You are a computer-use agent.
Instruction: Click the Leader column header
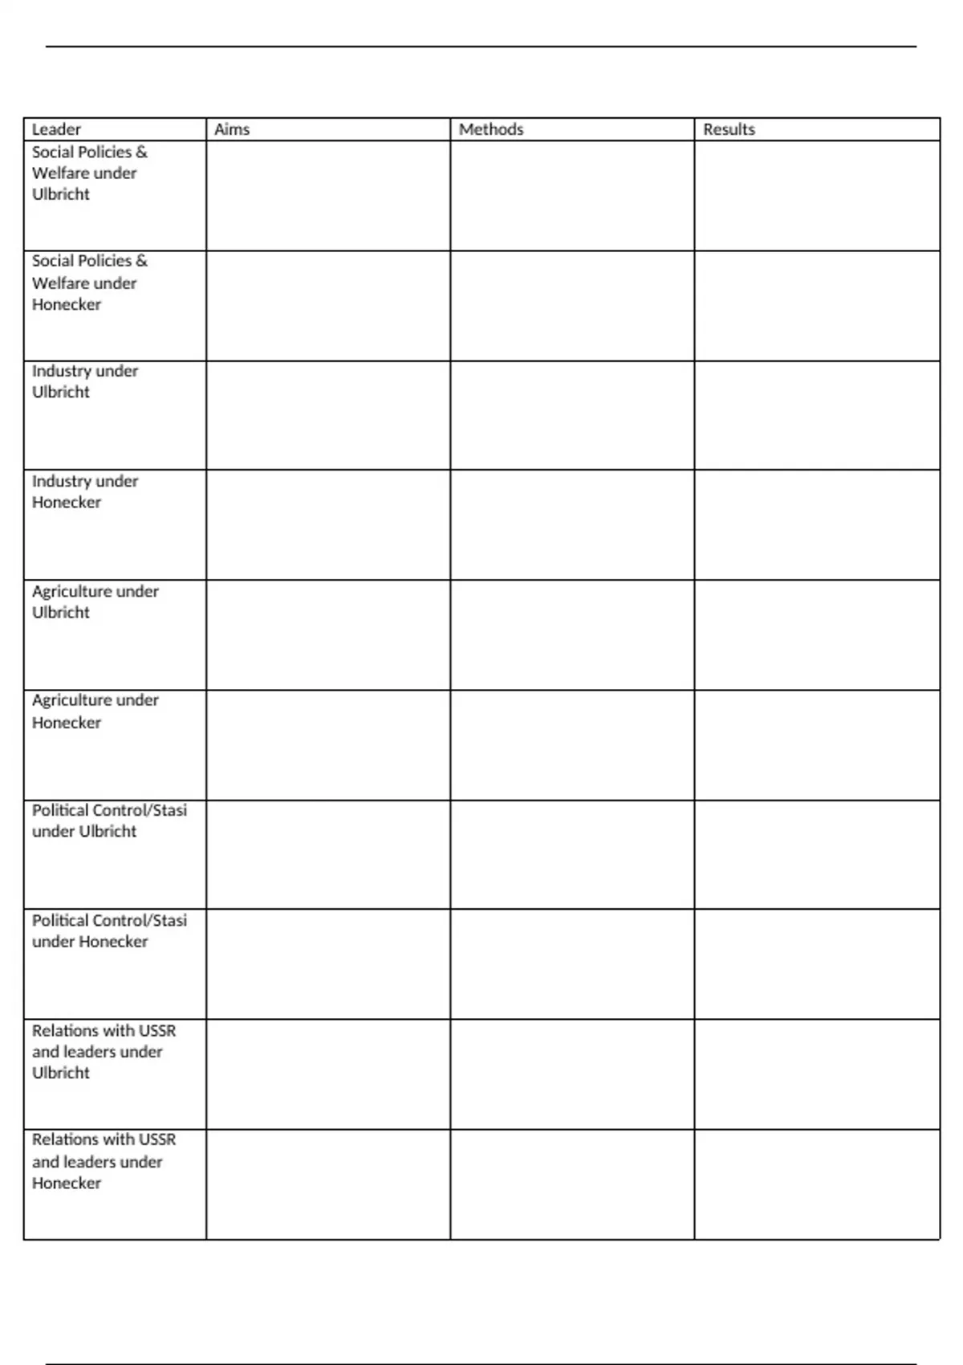pos(56,129)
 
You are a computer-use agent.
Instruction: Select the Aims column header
pos(232,129)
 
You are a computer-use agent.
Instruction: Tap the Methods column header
pos(491,129)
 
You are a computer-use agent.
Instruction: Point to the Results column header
pos(729,129)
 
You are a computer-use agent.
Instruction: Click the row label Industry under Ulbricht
pos(84,381)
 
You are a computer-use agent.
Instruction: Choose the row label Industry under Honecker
pos(84,491)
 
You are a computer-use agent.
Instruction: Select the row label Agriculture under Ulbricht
pos(95,601)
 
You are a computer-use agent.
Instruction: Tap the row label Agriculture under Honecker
pos(95,711)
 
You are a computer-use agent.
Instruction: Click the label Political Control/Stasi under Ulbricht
pos(109,821)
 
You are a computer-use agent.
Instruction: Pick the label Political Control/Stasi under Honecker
pos(109,931)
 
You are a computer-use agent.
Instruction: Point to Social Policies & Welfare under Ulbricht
pos(89,173)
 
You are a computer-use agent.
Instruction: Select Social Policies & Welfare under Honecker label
pos(89,283)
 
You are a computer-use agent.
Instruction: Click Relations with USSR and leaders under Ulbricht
pos(104,1051)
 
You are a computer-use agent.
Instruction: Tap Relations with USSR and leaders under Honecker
pos(104,1161)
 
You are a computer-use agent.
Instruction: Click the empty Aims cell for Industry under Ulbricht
pos(328,415)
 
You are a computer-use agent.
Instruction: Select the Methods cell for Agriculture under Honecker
pos(572,745)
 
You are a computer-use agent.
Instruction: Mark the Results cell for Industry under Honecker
pos(817,525)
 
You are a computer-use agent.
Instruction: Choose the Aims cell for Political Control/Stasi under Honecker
pos(328,964)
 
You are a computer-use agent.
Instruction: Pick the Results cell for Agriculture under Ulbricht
pos(817,635)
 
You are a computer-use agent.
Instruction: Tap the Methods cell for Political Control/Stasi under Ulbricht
pos(572,854)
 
